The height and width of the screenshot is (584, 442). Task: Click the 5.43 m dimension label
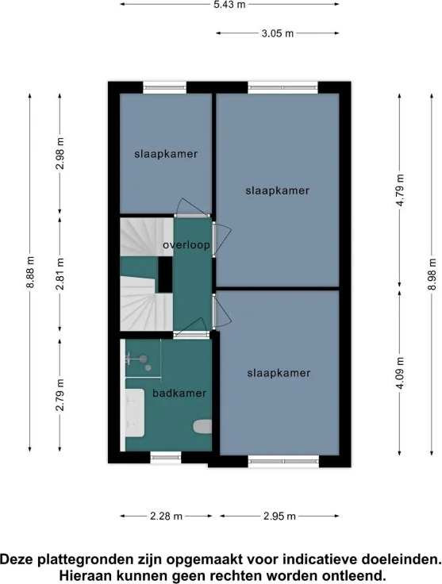[x=229, y=5]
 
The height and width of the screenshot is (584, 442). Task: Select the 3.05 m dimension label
[x=278, y=33]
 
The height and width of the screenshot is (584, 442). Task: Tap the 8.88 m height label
[x=30, y=272]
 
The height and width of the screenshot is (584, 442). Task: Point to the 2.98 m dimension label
[x=60, y=153]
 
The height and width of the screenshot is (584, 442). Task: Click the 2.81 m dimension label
[x=60, y=274]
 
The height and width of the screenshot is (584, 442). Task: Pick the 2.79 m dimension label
[x=60, y=395]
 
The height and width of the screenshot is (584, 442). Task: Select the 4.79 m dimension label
[x=400, y=190]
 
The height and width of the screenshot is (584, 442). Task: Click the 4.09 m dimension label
[x=400, y=373]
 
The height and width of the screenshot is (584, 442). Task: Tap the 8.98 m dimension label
[x=432, y=274]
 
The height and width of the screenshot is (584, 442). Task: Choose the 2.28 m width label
[x=166, y=516]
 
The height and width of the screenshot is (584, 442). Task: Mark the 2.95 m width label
[x=279, y=516]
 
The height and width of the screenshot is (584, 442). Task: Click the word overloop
[x=186, y=245]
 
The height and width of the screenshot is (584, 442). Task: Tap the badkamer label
[x=179, y=393]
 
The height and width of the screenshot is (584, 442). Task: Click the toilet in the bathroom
[x=202, y=427]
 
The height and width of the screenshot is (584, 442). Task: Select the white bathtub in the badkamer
[x=134, y=413]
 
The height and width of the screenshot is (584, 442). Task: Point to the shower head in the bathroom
[x=143, y=359]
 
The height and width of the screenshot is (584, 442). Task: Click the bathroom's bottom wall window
[x=166, y=457]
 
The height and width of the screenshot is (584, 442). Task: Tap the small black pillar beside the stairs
[x=165, y=275]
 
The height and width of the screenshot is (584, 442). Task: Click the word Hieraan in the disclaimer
[x=81, y=574]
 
